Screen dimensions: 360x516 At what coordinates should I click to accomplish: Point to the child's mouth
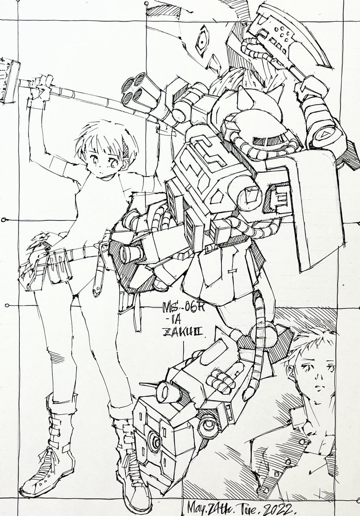pos(98,173)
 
